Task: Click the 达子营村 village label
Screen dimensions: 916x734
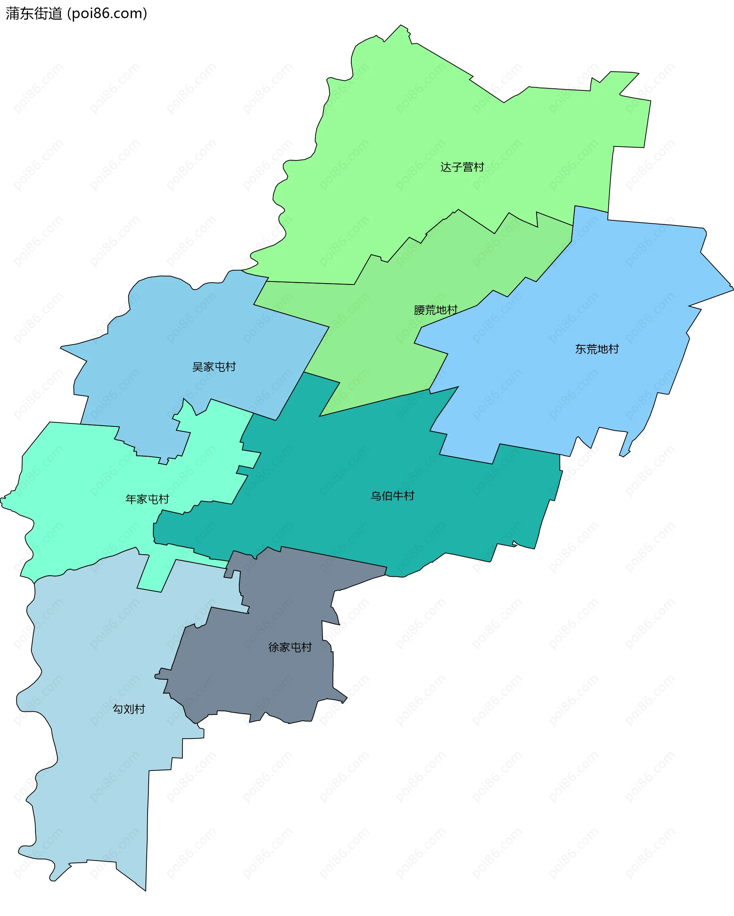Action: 462,167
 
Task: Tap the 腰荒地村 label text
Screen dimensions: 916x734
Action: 435,310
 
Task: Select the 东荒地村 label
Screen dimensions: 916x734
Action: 597,349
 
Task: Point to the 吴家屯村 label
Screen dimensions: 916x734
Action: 214,367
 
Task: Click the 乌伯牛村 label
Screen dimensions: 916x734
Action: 392,495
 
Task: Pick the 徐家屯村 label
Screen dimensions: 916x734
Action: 290,647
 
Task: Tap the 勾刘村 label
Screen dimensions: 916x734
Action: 129,709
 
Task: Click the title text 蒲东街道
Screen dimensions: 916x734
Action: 34,14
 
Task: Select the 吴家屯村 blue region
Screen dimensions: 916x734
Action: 170,331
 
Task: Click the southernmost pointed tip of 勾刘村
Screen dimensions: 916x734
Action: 146,890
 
